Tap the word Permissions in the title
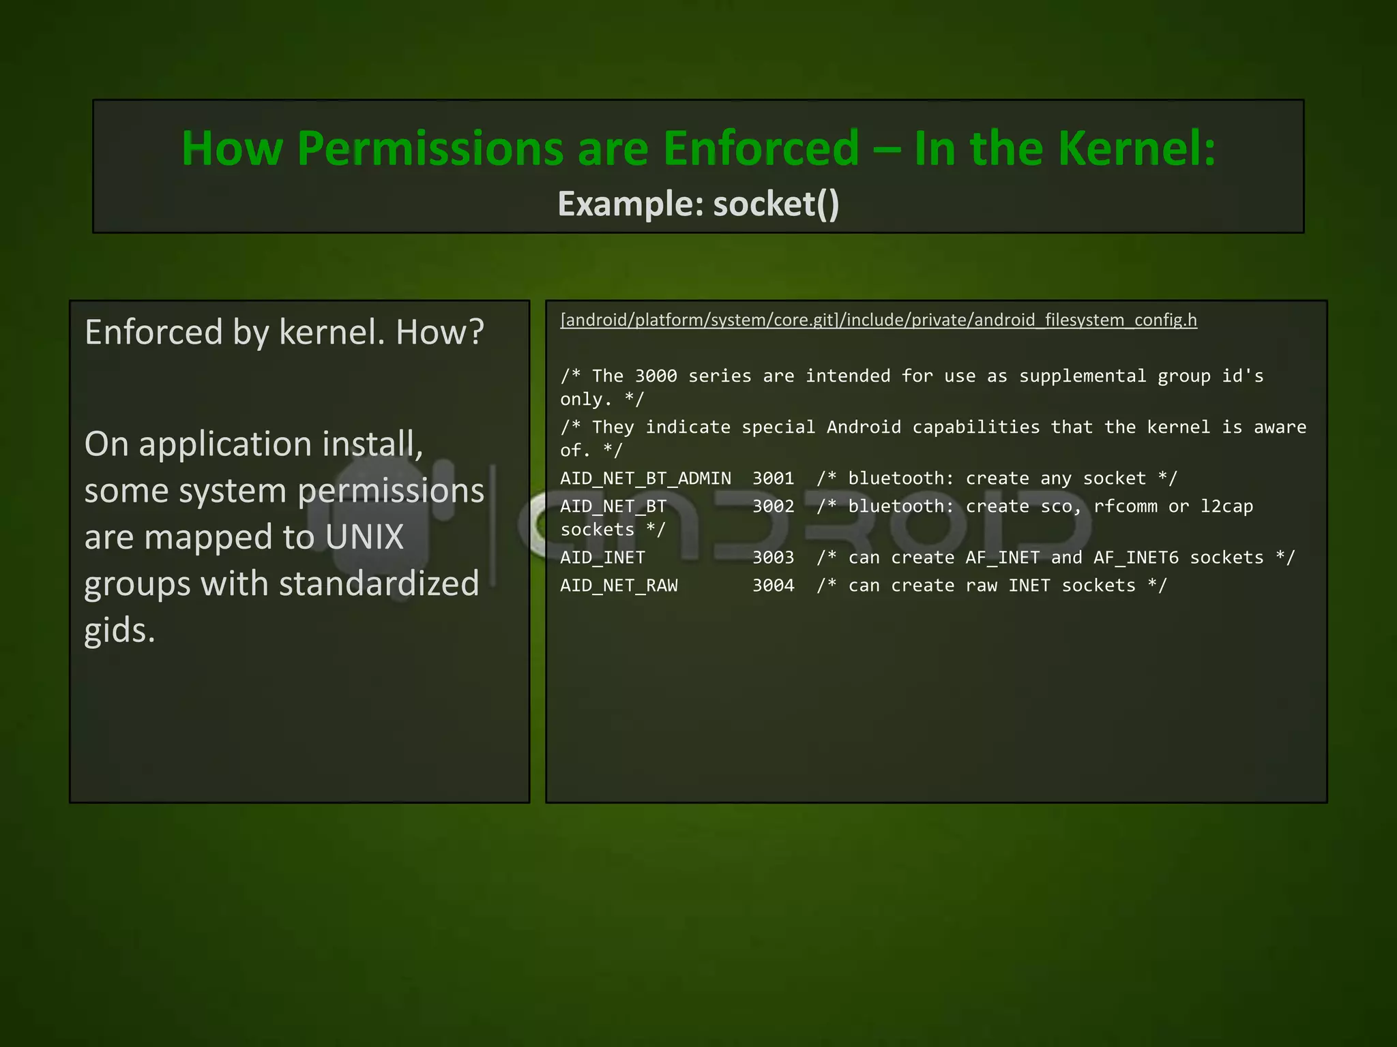(430, 148)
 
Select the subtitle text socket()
(776, 204)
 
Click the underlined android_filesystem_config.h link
(879, 320)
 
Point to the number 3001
(773, 479)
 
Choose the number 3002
(773, 506)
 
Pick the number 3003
(773, 558)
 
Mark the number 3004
(773, 586)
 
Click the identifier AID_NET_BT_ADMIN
(645, 479)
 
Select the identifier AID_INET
(602, 558)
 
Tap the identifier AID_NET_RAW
(619, 586)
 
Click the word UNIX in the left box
(364, 537)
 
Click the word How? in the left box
(440, 333)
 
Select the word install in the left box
(372, 444)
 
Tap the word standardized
(379, 583)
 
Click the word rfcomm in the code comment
(1126, 506)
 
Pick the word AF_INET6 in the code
(1136, 558)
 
